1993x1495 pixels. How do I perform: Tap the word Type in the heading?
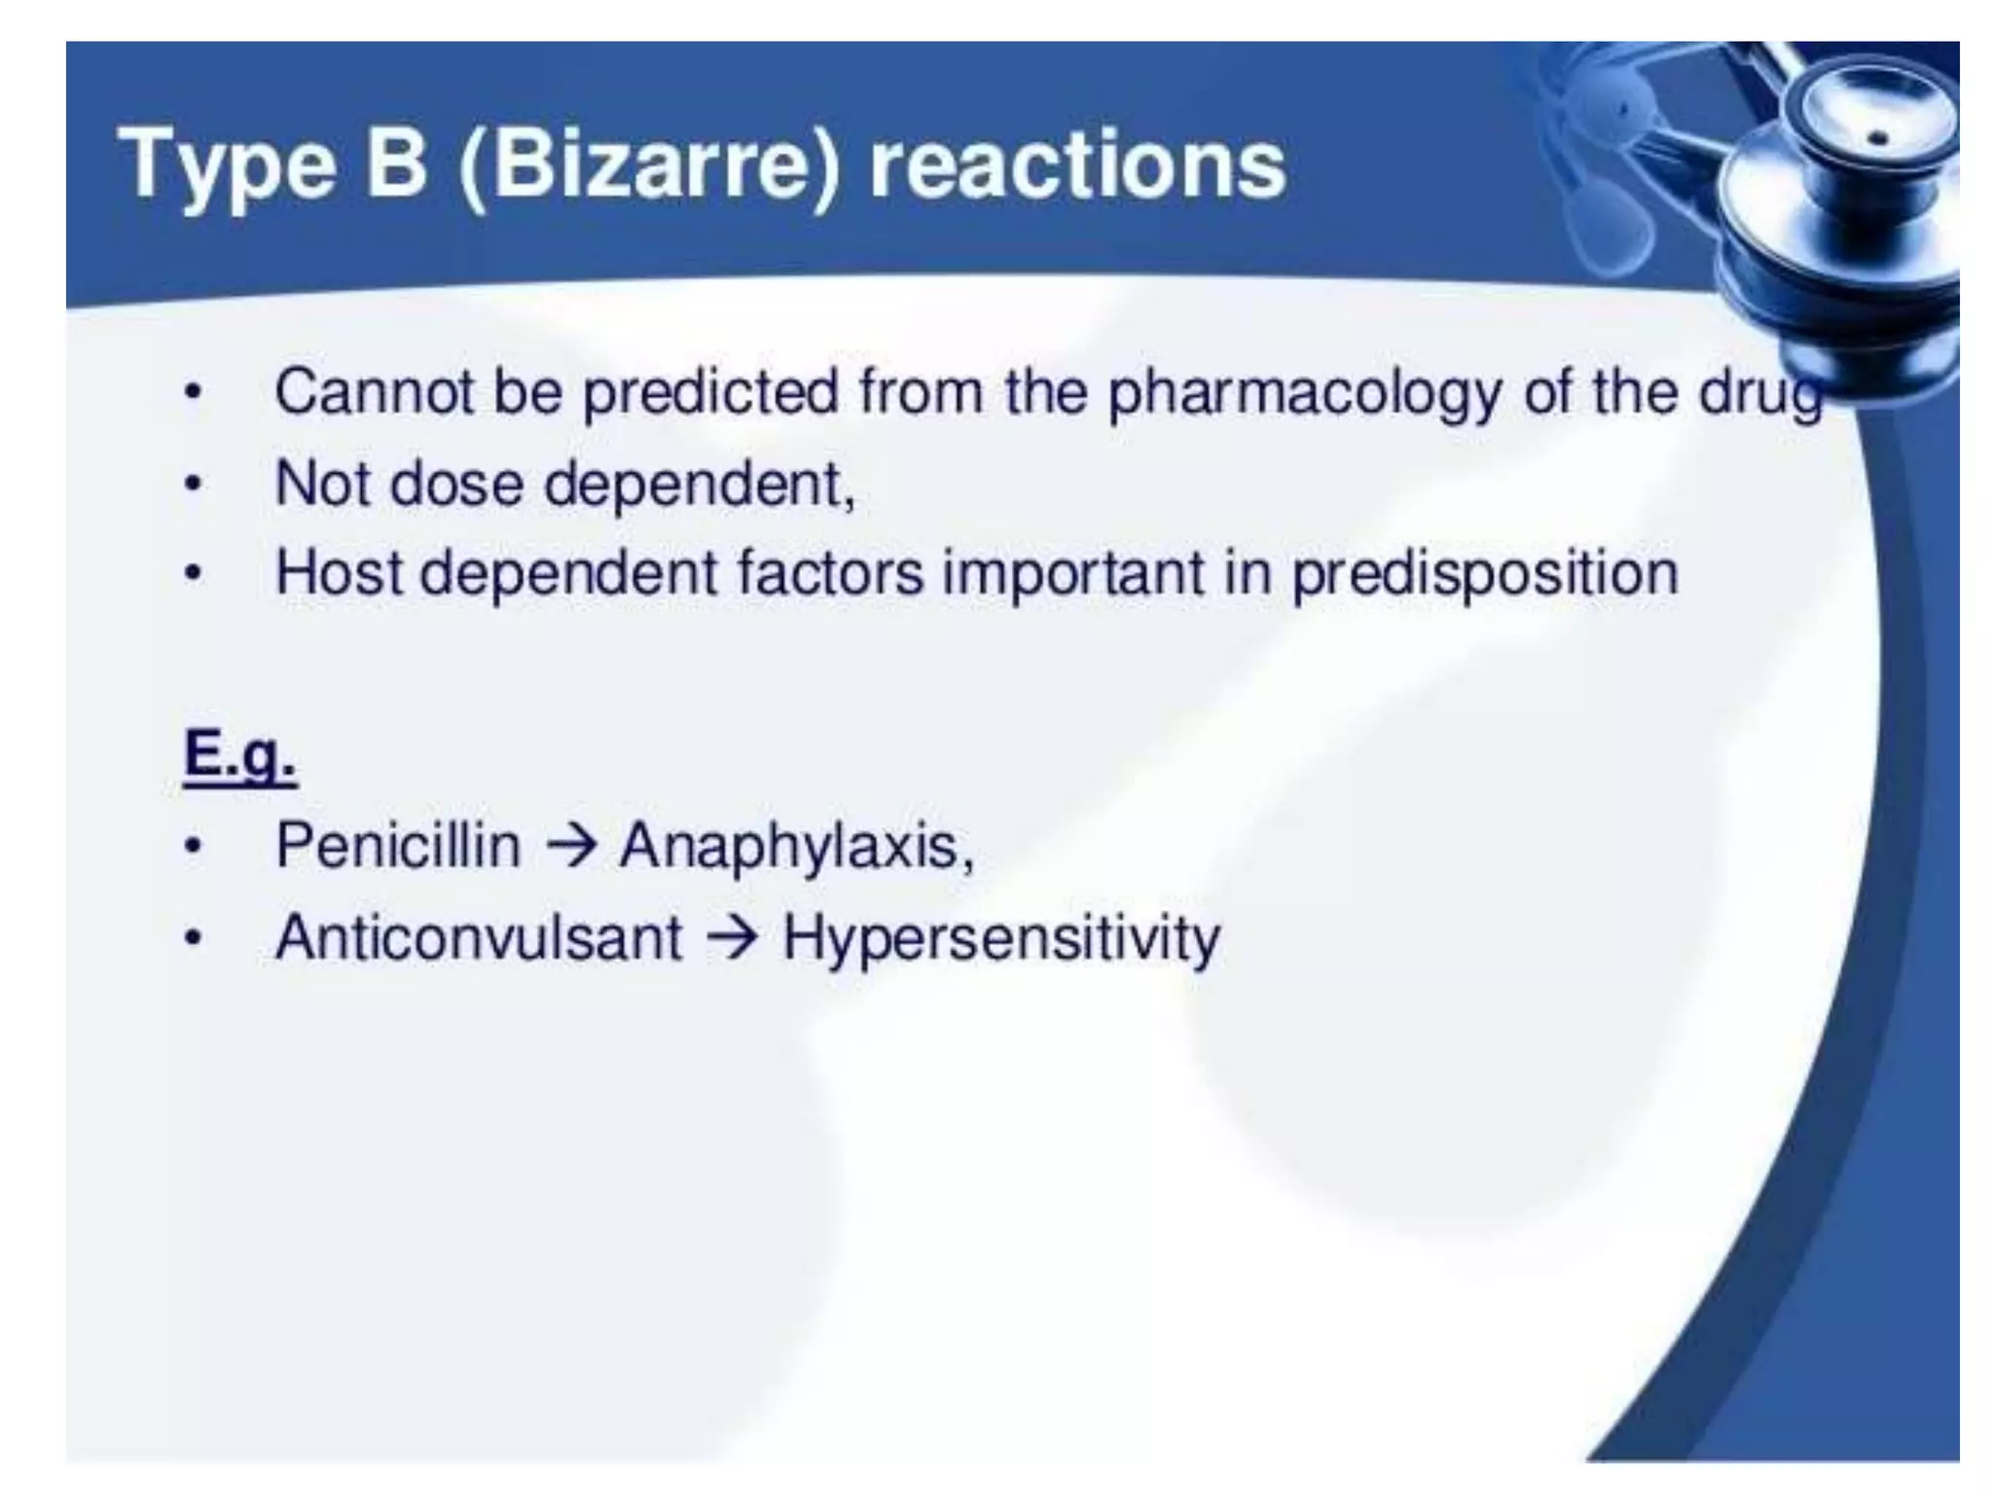[x=228, y=165]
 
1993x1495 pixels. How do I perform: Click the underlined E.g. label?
[x=239, y=756]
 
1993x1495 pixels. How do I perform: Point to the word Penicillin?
[x=398, y=845]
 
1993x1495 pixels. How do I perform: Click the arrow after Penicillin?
[x=571, y=845]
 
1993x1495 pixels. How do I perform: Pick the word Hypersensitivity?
[x=1000, y=939]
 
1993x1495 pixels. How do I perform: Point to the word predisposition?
[x=1485, y=574]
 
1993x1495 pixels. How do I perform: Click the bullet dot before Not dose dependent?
[x=194, y=484]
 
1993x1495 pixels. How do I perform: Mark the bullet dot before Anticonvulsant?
[x=194, y=939]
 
